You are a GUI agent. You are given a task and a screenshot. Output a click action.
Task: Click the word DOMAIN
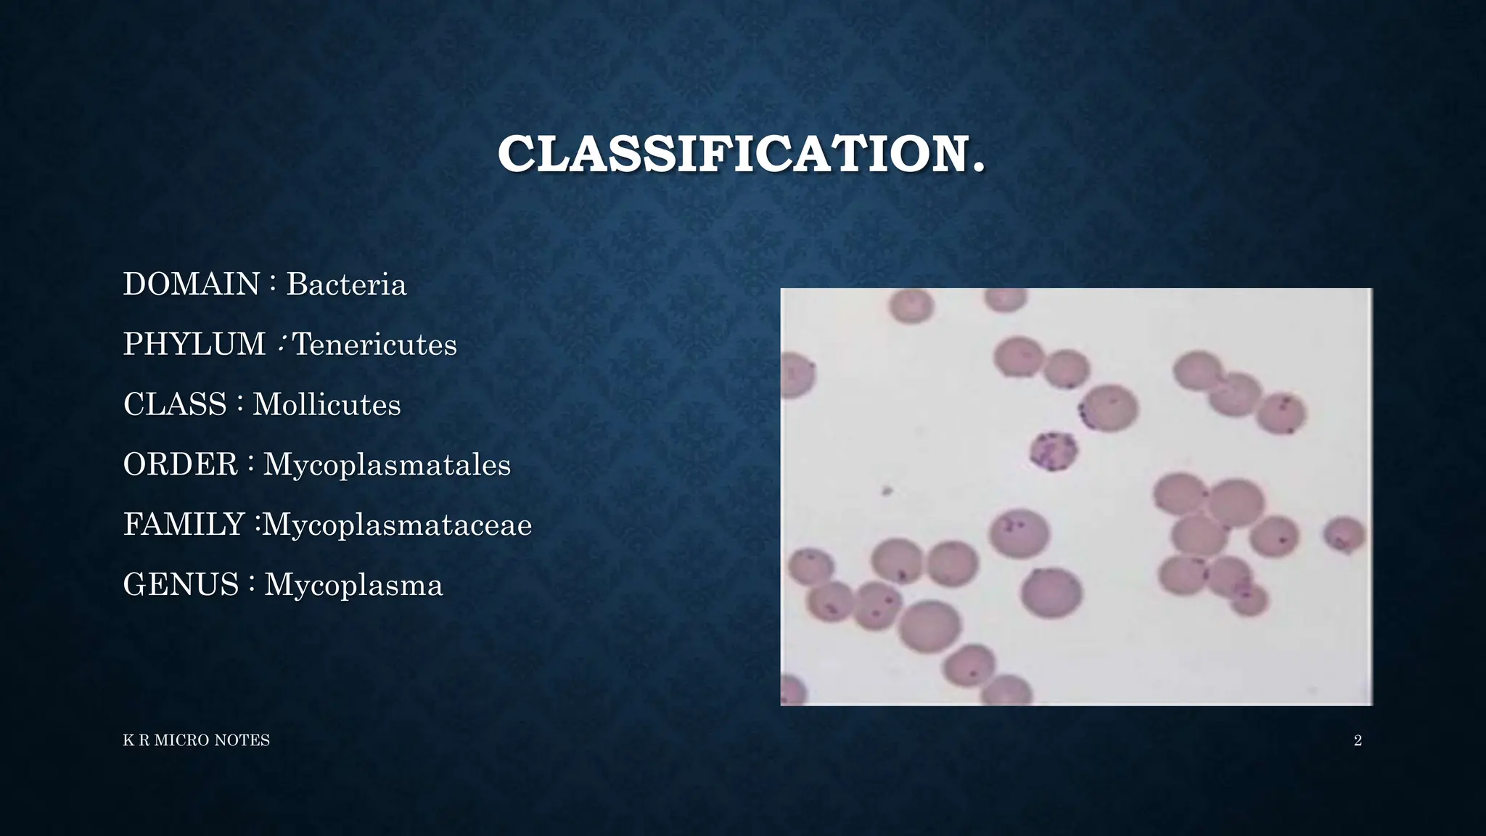click(x=192, y=284)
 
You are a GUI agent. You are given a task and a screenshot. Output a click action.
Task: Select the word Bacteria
click(x=346, y=284)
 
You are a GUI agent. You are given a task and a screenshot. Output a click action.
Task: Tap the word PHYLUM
click(x=194, y=344)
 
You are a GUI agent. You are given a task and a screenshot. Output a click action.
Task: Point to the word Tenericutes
click(x=374, y=344)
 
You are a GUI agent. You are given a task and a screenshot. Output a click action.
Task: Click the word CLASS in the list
click(x=175, y=404)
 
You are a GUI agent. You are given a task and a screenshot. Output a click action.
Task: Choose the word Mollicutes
click(x=327, y=404)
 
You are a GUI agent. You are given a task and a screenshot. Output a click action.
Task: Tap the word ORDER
click(x=181, y=464)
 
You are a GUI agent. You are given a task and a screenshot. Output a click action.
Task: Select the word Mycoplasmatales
click(x=387, y=464)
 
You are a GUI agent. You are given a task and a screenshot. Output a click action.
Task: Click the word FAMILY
click(x=184, y=525)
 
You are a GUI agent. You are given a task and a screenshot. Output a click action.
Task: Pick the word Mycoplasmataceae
click(x=397, y=525)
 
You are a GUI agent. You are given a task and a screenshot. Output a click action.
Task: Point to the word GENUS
click(x=181, y=585)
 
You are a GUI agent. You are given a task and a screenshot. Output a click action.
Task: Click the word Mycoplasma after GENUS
click(x=353, y=585)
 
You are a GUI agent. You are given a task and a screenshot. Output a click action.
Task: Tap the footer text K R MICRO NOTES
click(x=196, y=740)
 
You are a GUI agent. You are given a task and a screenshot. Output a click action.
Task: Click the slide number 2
click(x=1358, y=740)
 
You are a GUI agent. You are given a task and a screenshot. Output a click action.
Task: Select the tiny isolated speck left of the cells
click(x=886, y=491)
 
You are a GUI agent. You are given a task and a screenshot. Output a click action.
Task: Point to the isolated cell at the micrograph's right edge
click(x=1345, y=534)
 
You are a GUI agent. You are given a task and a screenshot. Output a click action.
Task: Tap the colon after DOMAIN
click(x=272, y=284)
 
